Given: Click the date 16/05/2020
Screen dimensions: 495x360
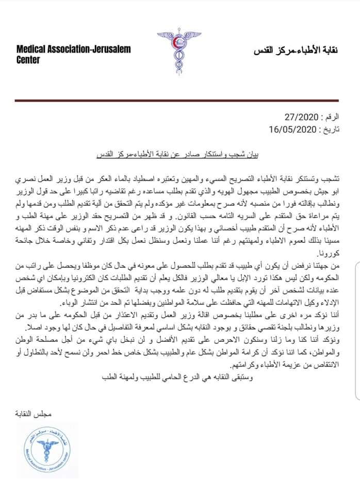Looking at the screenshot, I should click(290, 128).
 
